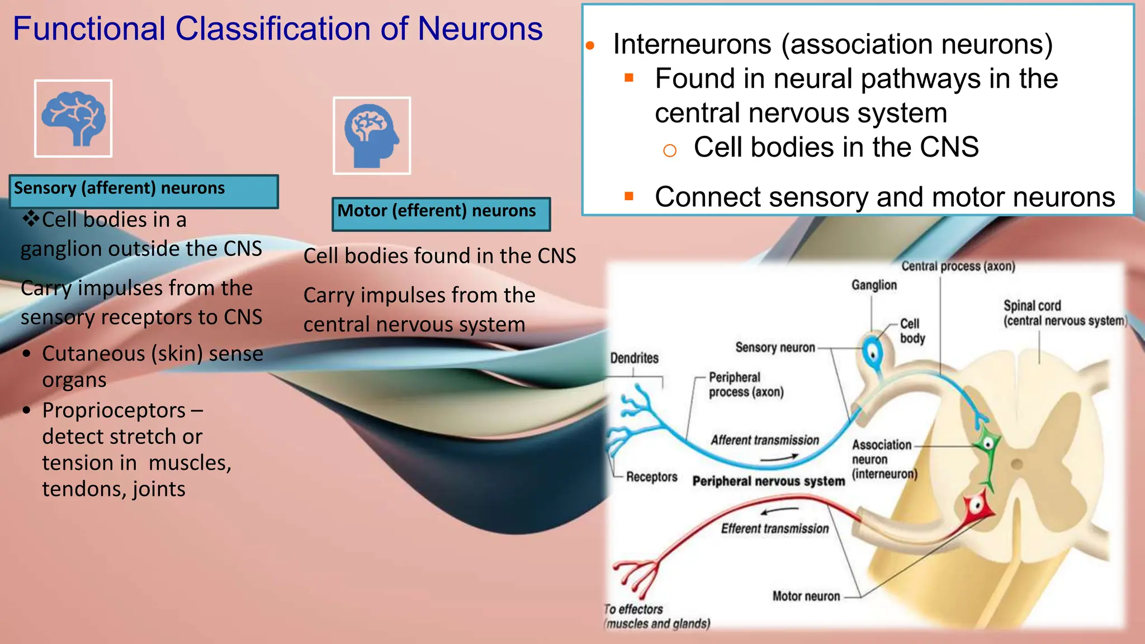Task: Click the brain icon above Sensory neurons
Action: click(x=73, y=119)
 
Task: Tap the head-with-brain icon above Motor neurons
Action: click(x=372, y=136)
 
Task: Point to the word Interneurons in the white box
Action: click(x=692, y=44)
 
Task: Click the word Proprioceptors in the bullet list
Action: click(x=113, y=410)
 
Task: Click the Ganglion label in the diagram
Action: click(x=874, y=285)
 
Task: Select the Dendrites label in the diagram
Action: click(x=634, y=358)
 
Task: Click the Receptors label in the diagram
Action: click(x=651, y=477)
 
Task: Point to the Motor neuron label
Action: click(x=806, y=596)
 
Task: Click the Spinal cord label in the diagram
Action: click(x=1032, y=306)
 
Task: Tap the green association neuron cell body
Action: click(x=988, y=445)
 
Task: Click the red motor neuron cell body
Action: click(x=977, y=506)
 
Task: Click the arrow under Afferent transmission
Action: click(x=779, y=458)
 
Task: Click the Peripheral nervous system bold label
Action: click(x=768, y=481)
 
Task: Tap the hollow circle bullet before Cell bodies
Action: click(x=669, y=150)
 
